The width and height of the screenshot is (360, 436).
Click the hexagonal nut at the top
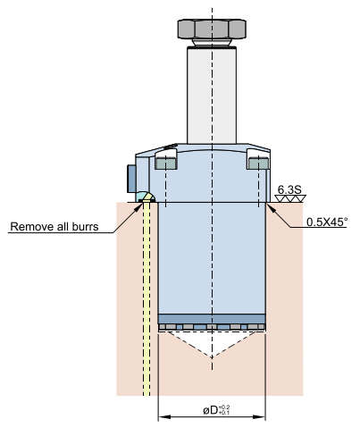(x=212, y=29)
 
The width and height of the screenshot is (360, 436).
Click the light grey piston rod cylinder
(x=212, y=96)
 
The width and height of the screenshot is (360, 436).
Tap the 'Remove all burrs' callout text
(x=54, y=227)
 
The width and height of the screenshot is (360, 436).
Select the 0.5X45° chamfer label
(x=327, y=222)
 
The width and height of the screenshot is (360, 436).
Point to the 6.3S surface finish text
(x=289, y=189)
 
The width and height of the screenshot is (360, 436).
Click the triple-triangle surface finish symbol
(x=290, y=198)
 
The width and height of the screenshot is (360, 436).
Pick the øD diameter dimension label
(x=216, y=410)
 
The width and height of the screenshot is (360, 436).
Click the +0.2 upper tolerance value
(x=224, y=407)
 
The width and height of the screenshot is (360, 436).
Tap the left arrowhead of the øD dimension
(x=164, y=416)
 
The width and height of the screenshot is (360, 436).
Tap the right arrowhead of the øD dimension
(x=259, y=416)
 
